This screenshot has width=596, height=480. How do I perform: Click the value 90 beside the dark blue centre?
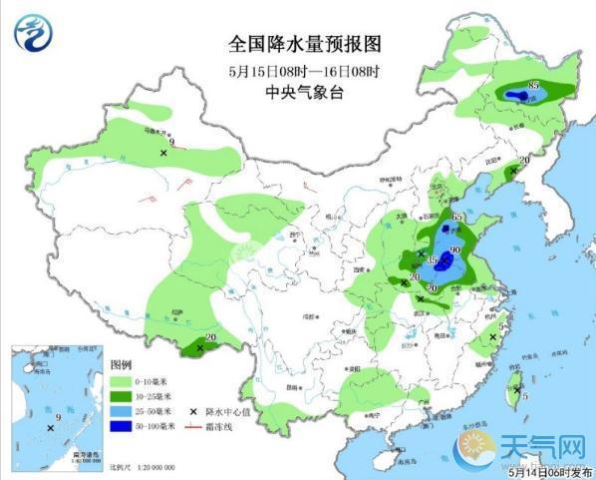454,250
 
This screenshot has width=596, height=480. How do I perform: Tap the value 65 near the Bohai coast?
457,218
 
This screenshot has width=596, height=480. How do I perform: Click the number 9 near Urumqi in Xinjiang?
172,145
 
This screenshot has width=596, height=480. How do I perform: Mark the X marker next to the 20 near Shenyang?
513,172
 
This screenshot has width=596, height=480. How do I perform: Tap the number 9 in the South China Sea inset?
58,418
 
